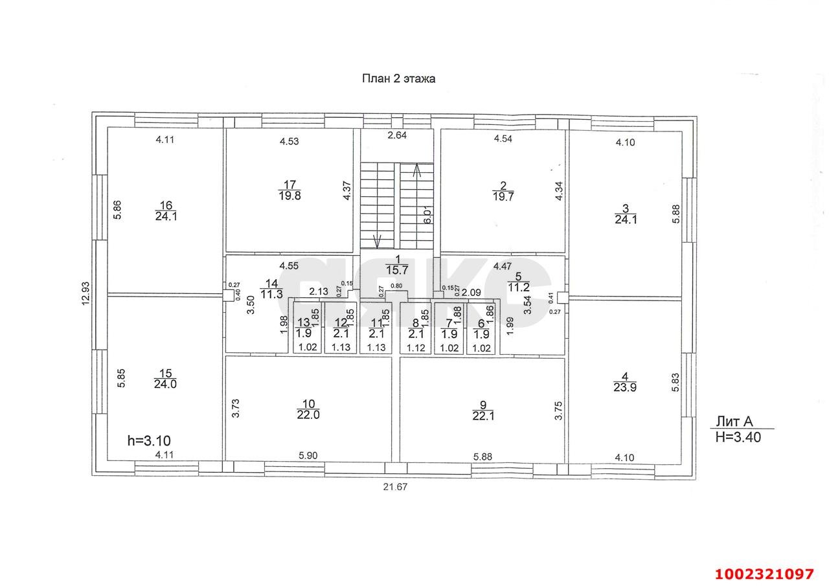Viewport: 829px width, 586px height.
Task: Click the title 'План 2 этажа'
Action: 398,79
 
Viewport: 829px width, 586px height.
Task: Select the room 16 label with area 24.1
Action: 166,211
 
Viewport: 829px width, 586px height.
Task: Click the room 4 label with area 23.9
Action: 624,382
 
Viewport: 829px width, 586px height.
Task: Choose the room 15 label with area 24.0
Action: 166,378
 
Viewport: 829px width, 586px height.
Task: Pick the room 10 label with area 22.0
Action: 308,409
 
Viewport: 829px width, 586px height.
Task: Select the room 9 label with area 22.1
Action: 483,410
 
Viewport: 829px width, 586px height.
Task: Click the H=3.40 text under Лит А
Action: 738,436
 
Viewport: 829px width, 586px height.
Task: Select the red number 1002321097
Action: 764,574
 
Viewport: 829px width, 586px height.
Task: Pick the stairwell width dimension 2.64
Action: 397,135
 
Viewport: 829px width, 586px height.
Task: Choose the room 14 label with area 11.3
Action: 271,289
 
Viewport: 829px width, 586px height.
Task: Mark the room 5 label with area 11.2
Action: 518,283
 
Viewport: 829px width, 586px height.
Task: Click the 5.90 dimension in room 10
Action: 308,456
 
